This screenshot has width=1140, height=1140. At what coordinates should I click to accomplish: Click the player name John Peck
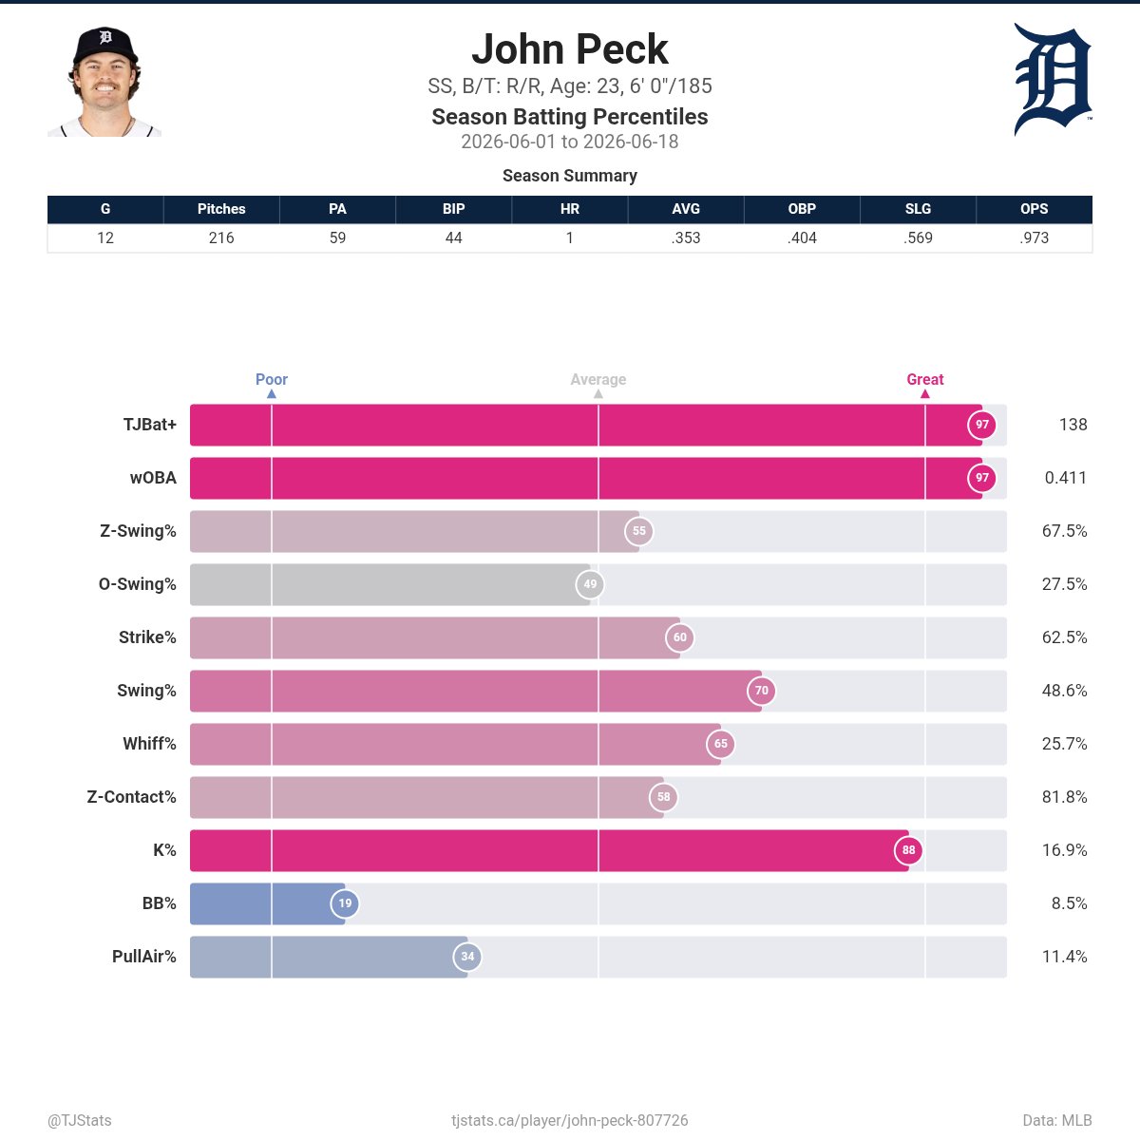point(570,49)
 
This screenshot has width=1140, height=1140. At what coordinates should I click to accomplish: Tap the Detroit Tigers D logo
point(1053,79)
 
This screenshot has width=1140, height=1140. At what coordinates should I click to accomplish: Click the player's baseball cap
point(105,45)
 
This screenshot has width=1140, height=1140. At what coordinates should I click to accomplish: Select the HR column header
point(570,209)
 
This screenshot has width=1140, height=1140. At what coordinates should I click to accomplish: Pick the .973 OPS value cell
point(1034,237)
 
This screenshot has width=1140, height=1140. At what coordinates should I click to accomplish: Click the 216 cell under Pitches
point(221,237)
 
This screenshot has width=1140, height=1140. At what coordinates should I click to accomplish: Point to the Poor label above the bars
point(272,379)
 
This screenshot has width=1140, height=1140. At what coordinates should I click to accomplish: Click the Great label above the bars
point(925,379)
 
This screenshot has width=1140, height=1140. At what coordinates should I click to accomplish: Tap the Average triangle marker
point(598,394)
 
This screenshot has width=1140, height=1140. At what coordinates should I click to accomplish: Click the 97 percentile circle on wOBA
point(982,478)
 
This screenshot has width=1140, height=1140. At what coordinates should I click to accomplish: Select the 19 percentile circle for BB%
point(345,903)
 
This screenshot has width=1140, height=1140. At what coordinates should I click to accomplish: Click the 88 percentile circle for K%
point(909,850)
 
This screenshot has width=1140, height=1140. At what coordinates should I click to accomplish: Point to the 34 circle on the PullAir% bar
point(467,957)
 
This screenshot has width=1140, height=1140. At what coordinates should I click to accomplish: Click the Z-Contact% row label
point(131,797)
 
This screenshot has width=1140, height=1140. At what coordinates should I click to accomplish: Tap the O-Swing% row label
point(137,584)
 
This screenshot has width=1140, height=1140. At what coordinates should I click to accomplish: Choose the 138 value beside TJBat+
point(1073,424)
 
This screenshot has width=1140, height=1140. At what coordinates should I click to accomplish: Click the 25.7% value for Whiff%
point(1064,744)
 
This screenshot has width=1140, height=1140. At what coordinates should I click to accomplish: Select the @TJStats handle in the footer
point(79,1120)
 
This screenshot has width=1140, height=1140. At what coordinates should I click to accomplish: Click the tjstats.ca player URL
point(570,1120)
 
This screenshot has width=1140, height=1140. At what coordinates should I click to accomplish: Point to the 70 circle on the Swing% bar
point(761,691)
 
